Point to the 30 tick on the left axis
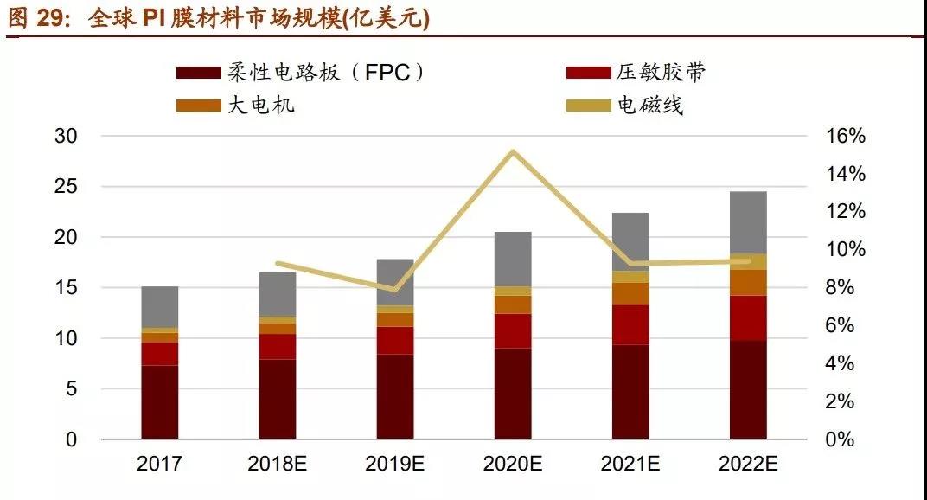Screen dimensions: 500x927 pos(66,137)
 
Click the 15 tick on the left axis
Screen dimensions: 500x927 pos(66,288)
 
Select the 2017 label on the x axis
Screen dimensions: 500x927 pos(159,465)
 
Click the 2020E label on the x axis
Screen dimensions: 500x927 pos(513,465)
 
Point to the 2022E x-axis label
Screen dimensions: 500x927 pos(748,465)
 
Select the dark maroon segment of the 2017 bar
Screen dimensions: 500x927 pos(160,402)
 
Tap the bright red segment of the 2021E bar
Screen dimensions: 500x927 pos(630,325)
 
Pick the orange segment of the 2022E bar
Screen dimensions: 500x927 pos(748,283)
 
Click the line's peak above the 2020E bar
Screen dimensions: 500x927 pos(513,152)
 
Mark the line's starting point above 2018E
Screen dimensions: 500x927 pos(278,263)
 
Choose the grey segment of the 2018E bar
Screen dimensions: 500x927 pos(278,294)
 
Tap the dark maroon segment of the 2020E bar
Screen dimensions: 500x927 pos(513,394)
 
